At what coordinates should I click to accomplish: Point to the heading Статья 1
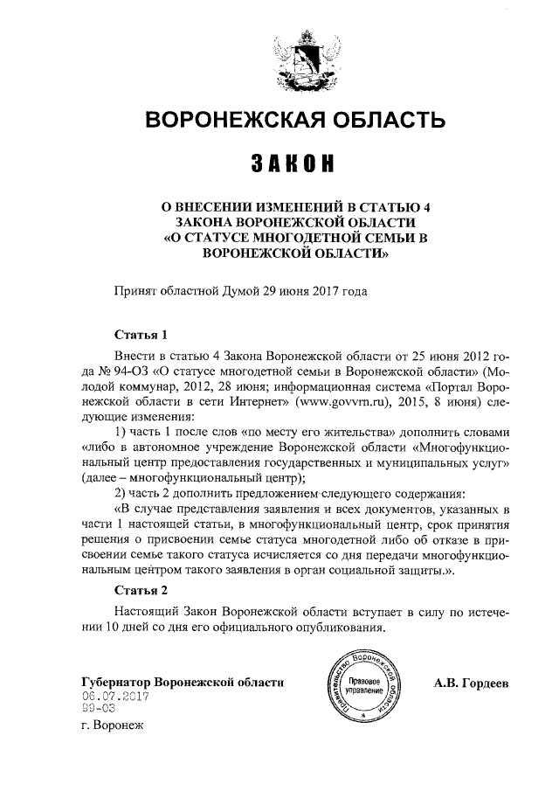141,335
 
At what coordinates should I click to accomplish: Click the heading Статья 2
141,588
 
